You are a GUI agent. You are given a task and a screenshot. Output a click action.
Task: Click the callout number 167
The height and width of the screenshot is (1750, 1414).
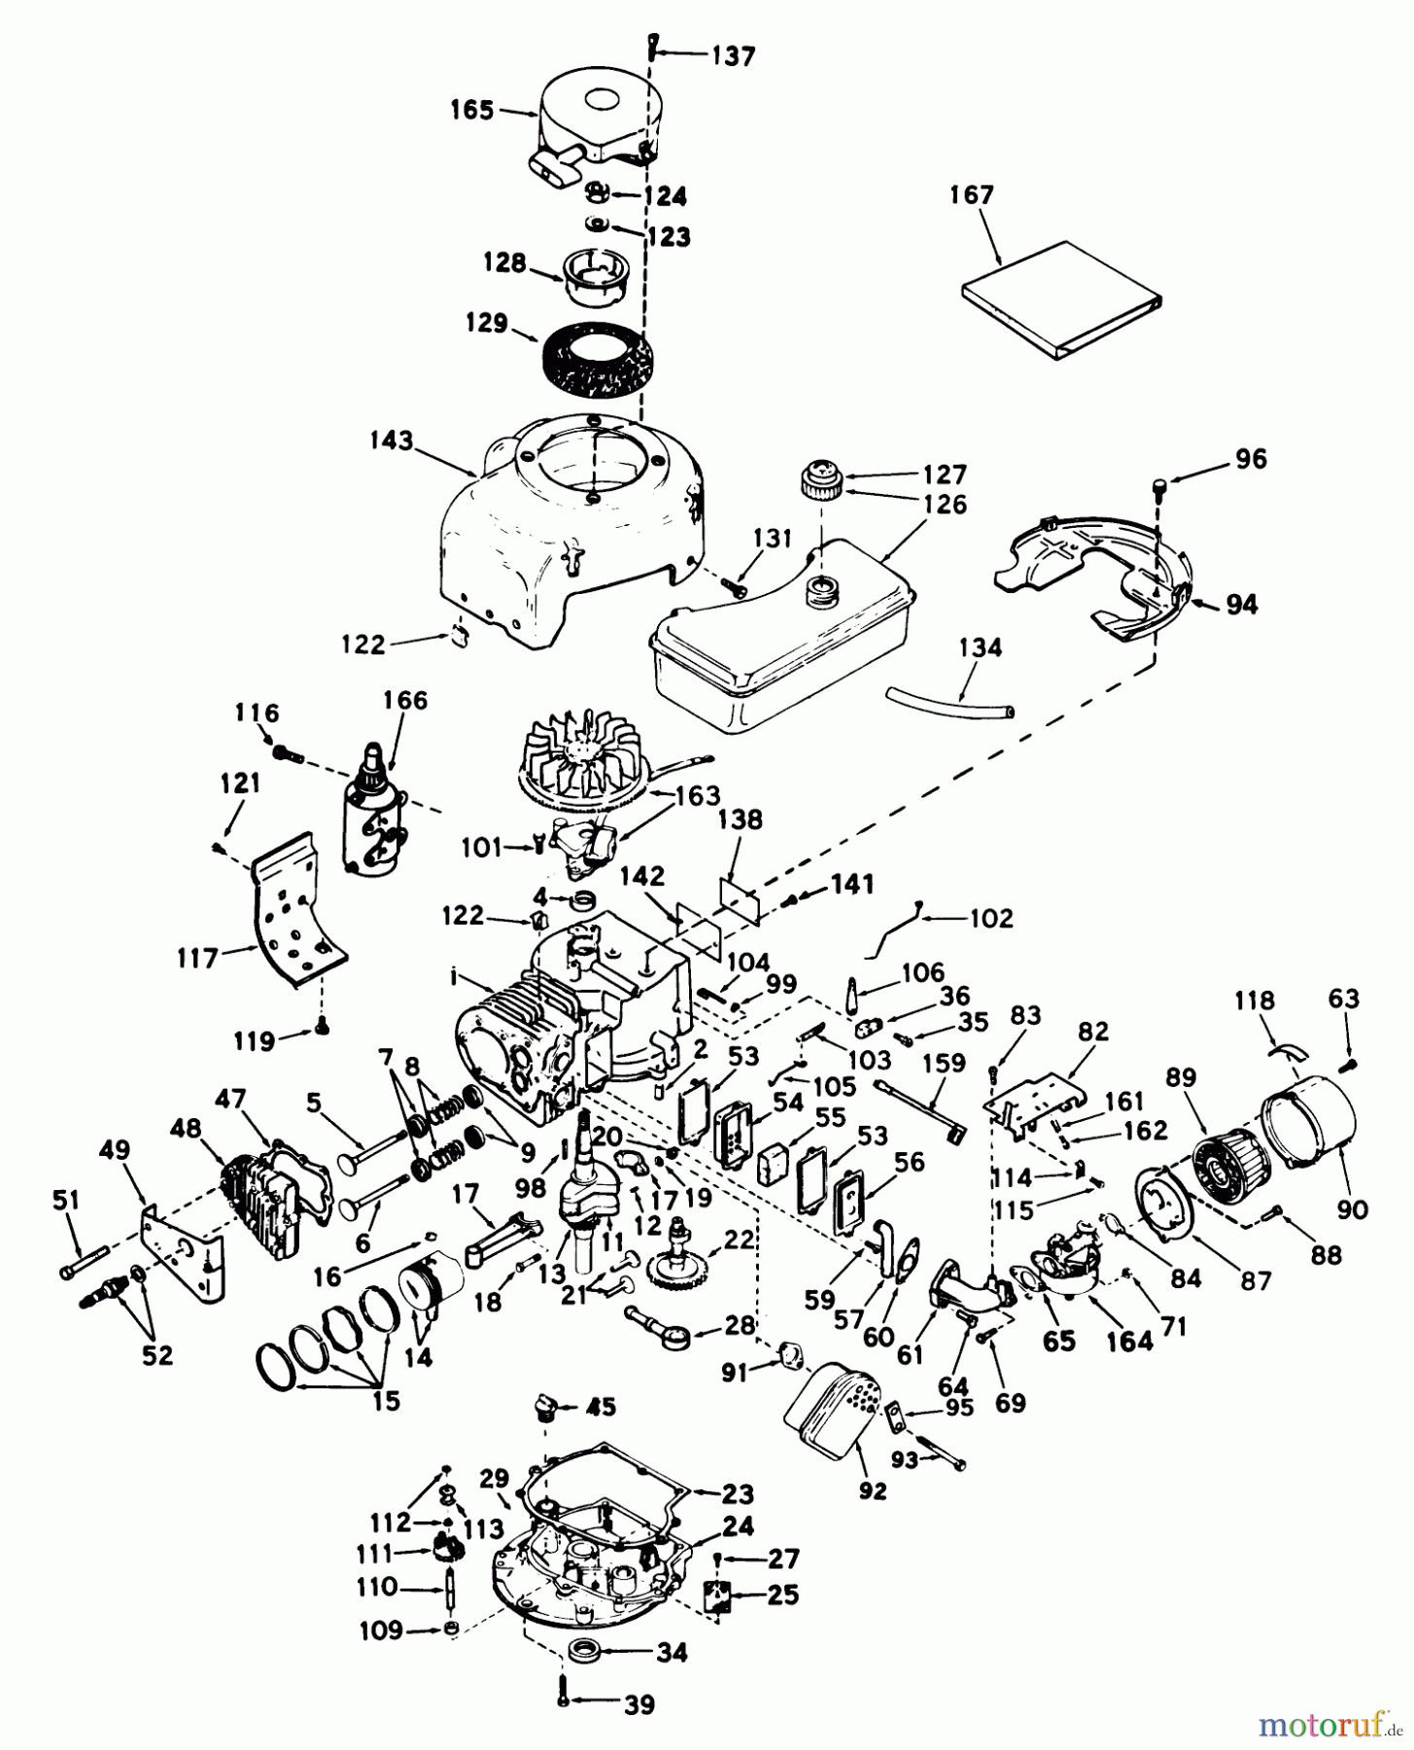tap(973, 195)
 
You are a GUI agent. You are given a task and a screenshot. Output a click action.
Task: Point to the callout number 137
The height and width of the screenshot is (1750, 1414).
tap(733, 57)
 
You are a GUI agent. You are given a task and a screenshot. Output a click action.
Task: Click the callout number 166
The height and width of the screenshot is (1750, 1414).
tap(405, 701)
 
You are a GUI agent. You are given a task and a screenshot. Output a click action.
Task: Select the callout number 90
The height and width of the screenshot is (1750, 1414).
tap(1352, 1209)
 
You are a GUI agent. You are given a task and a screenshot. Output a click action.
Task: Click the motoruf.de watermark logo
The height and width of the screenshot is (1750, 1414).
tap(1330, 1725)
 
